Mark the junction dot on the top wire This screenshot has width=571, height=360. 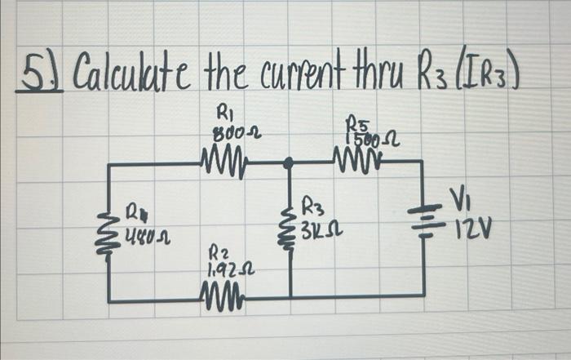(x=287, y=163)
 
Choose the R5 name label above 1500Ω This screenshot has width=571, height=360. (x=359, y=123)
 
